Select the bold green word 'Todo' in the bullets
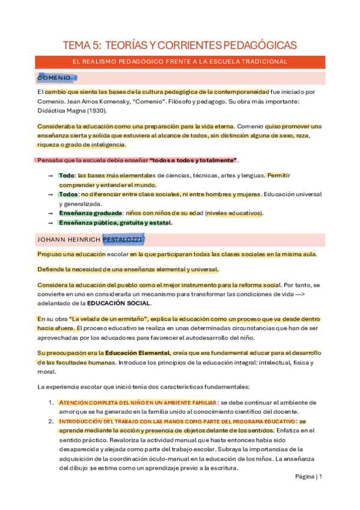click(66, 175)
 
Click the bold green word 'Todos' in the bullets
click(68, 194)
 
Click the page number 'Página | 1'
click(309, 477)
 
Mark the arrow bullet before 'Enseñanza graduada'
click(50, 213)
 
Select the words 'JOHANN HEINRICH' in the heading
click(68, 240)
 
